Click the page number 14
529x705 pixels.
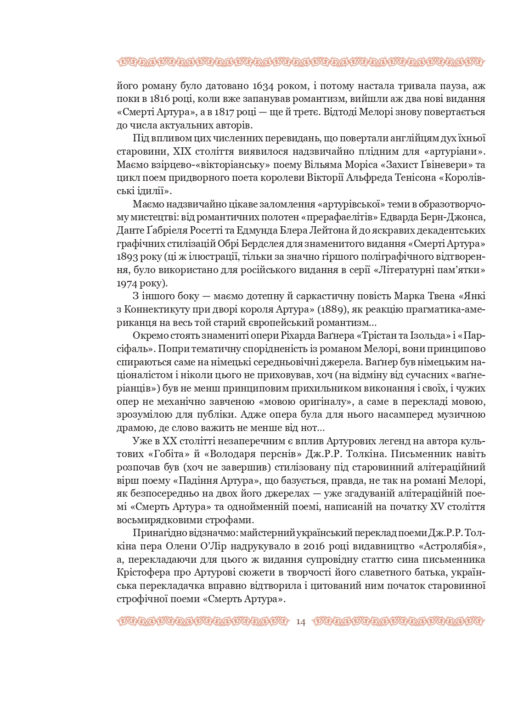[301, 622]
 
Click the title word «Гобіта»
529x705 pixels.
[169, 454]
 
